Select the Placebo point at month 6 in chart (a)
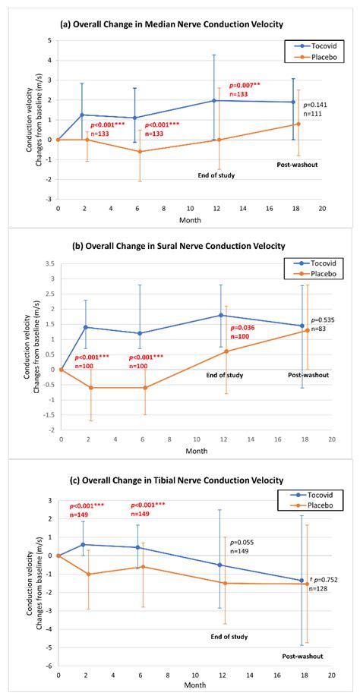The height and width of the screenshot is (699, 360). tap(139, 151)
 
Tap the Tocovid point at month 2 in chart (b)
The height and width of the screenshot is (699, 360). tap(85, 327)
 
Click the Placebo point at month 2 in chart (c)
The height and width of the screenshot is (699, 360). tap(90, 574)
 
